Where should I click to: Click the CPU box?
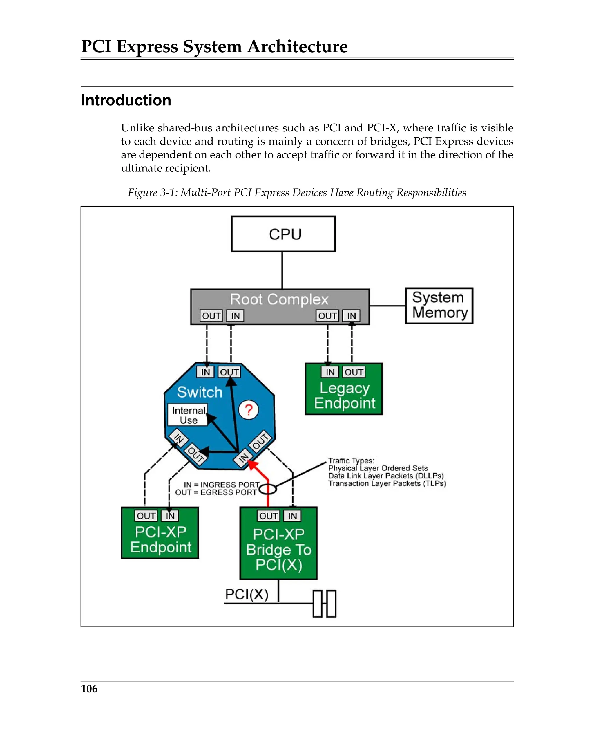283,234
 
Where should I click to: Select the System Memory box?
439,305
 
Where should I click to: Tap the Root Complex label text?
279,299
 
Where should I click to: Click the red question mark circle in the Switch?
248,410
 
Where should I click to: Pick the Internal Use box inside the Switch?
188,415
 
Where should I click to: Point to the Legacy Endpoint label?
344,396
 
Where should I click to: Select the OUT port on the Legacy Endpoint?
354,372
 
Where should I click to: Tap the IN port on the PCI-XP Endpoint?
170,516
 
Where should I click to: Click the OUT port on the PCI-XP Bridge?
268,516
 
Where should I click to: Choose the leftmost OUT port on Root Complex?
211,316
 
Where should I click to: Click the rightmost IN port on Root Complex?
351,316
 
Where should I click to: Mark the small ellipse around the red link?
267,489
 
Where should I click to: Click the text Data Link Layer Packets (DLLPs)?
386,476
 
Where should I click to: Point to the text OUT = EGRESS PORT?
215,492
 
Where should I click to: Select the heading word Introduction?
126,100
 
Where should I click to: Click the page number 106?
89,689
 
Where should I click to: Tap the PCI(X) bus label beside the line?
246,594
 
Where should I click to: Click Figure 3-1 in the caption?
152,193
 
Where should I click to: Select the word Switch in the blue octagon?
199,392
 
